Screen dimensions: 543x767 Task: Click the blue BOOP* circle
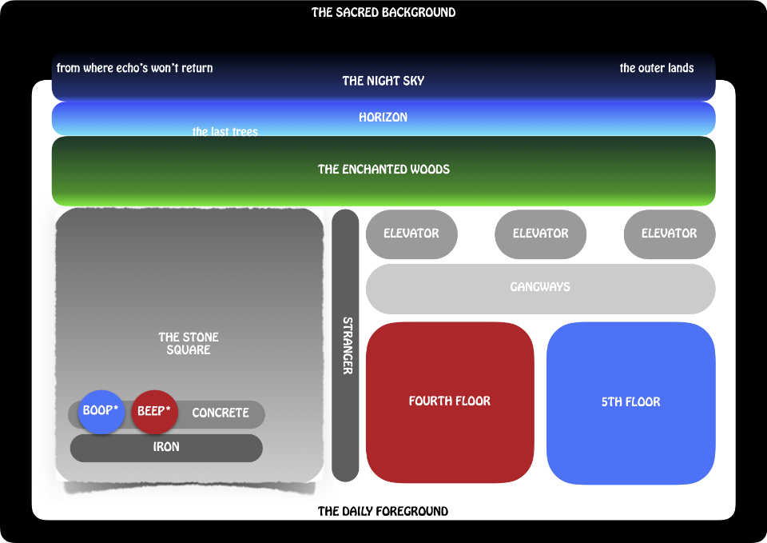(x=101, y=412)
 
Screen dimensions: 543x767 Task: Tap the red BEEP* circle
(x=154, y=412)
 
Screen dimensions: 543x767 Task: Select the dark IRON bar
(x=166, y=448)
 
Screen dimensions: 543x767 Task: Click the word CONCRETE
(x=221, y=413)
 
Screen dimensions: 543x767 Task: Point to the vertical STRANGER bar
(x=345, y=345)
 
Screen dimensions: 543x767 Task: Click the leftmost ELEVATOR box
(x=411, y=234)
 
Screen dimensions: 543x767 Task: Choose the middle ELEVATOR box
(x=540, y=234)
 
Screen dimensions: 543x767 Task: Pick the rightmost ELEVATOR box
(x=669, y=234)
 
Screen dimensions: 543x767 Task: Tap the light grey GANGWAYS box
(x=540, y=287)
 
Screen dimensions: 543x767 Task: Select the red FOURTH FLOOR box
(x=450, y=401)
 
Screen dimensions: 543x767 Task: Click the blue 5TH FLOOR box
(x=630, y=402)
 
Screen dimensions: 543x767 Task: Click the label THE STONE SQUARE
(x=189, y=343)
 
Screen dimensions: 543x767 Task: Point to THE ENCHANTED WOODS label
(x=383, y=170)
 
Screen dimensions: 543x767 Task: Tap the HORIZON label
(x=383, y=118)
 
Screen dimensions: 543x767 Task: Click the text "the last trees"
(x=225, y=132)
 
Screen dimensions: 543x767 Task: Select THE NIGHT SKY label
(x=383, y=81)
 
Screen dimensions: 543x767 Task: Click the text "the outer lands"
(x=657, y=68)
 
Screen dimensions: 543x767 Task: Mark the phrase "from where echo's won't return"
(x=135, y=68)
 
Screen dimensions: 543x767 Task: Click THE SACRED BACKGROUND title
(x=383, y=13)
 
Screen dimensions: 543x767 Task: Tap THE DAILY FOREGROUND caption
(x=383, y=511)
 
